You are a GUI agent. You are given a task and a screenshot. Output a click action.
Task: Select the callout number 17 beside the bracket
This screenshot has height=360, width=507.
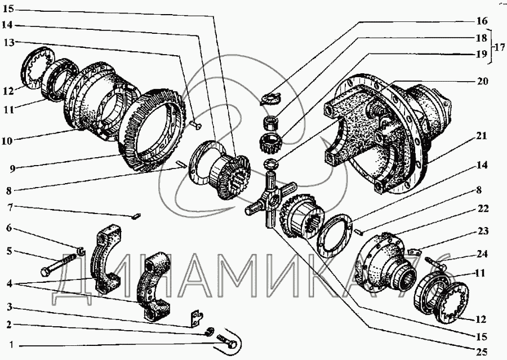(500, 47)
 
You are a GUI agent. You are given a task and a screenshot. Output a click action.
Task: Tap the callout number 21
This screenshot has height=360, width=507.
(482, 136)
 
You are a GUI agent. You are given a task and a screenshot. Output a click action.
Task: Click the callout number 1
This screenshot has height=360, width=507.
(11, 345)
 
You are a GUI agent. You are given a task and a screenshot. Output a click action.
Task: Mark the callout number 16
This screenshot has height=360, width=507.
(482, 21)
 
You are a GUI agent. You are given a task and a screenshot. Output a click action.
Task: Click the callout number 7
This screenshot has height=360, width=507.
(10, 207)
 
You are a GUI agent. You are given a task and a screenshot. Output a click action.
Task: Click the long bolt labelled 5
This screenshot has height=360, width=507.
(59, 263)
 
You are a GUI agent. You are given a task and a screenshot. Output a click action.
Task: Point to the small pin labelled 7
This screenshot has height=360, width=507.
(136, 216)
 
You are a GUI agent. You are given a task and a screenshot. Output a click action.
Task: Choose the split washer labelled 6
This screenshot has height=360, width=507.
(81, 250)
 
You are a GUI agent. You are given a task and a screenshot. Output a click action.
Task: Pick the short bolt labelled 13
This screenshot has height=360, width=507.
(195, 123)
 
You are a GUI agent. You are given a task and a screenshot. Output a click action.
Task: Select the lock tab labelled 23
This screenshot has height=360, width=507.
(414, 251)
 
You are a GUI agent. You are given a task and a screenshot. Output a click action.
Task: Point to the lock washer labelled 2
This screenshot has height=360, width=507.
(210, 331)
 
